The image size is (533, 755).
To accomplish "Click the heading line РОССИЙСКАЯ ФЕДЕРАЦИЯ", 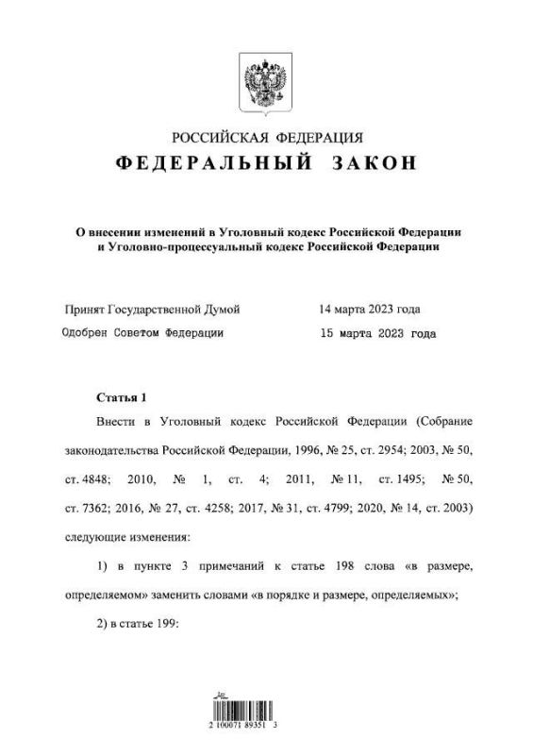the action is pyautogui.click(x=265, y=138).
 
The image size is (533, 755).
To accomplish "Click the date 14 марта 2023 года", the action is pyautogui.click(x=370, y=309).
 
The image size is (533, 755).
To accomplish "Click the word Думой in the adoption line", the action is pyautogui.click(x=223, y=309).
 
